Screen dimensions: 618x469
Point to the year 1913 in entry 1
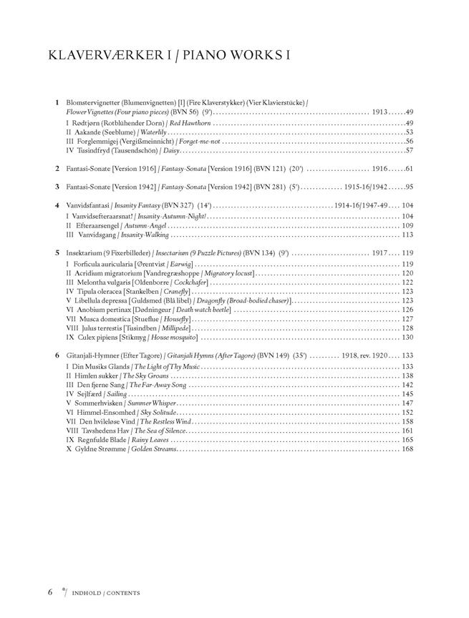tap(379, 112)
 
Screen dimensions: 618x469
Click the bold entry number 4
tap(57, 205)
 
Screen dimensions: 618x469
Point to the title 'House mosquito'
tap(171, 337)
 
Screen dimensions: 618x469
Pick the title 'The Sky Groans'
tap(145, 376)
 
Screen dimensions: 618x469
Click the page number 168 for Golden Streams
tap(407, 449)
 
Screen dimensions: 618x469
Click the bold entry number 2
tap(57, 168)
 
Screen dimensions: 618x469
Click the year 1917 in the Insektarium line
tap(379, 253)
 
